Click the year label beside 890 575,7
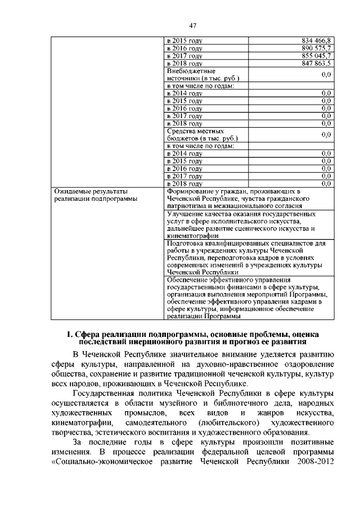tap(184, 49)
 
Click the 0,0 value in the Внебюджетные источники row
tap(325, 74)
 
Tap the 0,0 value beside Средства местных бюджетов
tap(325, 134)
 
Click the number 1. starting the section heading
tap(71, 335)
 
